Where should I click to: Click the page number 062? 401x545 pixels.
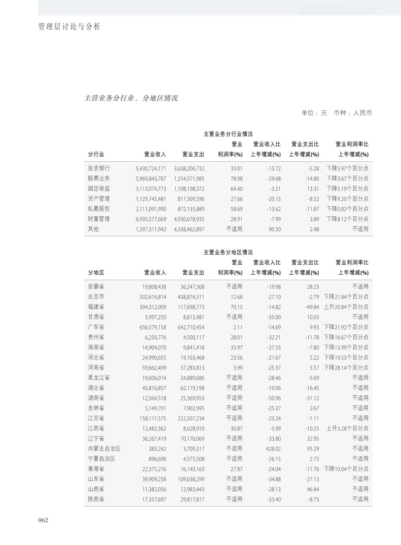pos(43,520)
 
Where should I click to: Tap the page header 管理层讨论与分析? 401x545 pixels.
pos(69,27)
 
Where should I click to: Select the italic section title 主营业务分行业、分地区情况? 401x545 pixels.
pos(131,98)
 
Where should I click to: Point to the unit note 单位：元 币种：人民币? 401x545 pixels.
pos(336,113)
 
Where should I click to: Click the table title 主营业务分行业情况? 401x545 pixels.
pos(228,134)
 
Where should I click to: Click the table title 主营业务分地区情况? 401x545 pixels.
pos(228,252)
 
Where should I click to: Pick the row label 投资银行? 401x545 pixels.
pos(99,168)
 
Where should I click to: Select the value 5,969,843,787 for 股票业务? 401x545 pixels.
pos(151,179)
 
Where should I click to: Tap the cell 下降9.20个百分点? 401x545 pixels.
pos(347,199)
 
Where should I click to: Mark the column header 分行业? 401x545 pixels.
pos(96,155)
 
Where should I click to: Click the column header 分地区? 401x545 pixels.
pos(96,273)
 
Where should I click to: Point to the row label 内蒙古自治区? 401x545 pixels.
pos(104,448)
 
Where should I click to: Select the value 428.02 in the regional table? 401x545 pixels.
pos(273,448)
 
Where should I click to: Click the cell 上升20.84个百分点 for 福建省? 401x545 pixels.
pos(346,307)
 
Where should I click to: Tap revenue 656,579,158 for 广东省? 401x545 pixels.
pos(153,327)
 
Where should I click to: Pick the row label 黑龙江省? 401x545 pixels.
pos(99,378)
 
